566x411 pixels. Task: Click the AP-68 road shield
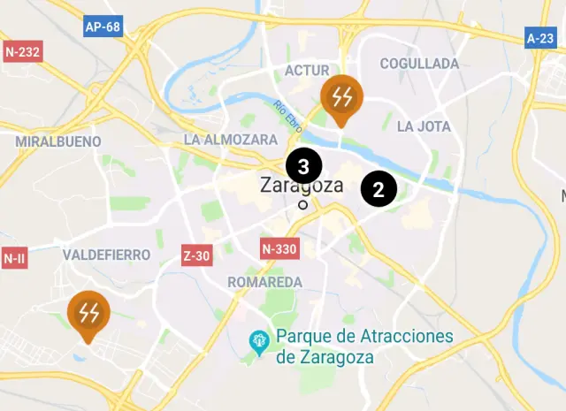(x=103, y=27)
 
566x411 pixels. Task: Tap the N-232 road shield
(x=22, y=52)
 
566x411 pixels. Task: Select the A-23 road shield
(x=539, y=38)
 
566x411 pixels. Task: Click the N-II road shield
(x=13, y=258)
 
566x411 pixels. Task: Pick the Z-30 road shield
(x=195, y=256)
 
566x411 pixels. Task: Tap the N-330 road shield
(x=279, y=249)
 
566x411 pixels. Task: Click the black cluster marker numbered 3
(x=303, y=165)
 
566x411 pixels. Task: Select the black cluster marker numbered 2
(x=379, y=188)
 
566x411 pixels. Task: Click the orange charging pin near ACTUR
(x=340, y=96)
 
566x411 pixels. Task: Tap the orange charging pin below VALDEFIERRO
(x=88, y=314)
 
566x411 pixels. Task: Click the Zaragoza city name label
(x=302, y=186)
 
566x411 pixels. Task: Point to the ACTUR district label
(x=307, y=71)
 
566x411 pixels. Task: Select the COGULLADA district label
(x=419, y=64)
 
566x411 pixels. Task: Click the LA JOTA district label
(x=424, y=126)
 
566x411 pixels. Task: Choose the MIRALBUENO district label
(x=57, y=141)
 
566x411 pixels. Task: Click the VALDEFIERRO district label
(x=106, y=255)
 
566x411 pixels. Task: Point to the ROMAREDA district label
(x=264, y=282)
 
